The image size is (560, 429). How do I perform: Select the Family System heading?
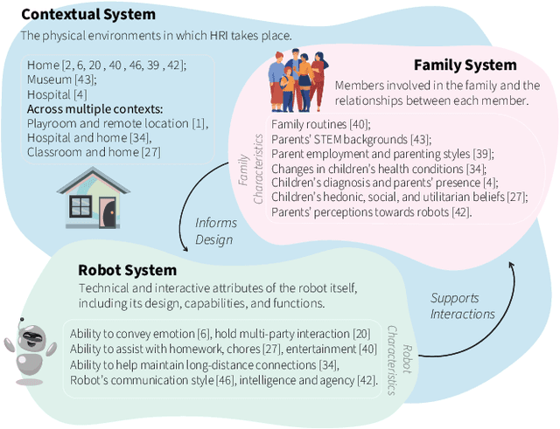coord(465,65)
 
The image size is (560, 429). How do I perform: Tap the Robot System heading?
coord(127,270)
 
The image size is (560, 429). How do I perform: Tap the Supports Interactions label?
coord(462,306)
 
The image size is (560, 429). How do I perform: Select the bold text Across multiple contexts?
coord(94,109)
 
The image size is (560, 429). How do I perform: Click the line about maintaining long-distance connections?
coord(216,364)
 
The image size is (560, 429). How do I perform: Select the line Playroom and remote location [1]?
coord(117,123)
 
